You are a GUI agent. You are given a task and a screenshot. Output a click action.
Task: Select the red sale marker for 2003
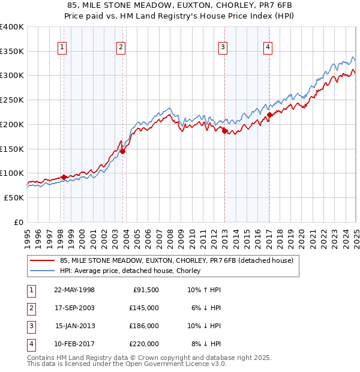tap(122, 151)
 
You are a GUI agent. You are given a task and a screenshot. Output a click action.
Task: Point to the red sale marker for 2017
tap(269, 115)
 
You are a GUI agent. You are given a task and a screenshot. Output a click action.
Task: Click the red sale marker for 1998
tap(64, 177)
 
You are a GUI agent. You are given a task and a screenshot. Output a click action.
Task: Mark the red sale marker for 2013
tap(224, 131)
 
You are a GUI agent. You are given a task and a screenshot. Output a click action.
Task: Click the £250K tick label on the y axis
tap(12, 100)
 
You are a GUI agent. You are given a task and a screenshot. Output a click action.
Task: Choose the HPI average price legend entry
tap(133, 271)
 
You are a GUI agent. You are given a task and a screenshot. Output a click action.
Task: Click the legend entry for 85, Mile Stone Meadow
tap(176, 260)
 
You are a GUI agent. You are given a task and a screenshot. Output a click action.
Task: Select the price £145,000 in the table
tap(144, 308)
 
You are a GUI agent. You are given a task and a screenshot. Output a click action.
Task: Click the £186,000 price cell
tap(144, 326)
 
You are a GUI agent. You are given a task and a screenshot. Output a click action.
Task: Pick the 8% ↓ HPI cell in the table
tap(206, 344)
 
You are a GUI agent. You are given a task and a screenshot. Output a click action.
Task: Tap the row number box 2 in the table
tap(30, 308)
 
